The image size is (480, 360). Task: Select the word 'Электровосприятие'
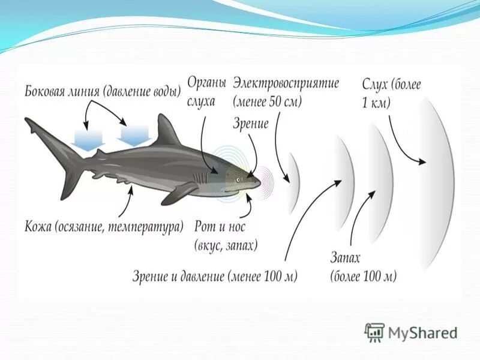point(286,83)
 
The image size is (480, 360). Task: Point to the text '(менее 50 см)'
point(268,101)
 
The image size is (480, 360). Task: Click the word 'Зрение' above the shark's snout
point(250,124)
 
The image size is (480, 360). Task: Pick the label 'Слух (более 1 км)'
point(391,93)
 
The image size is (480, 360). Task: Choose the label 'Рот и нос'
point(220,227)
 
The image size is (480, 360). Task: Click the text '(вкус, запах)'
point(226,245)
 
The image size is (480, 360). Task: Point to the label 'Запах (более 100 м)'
point(363,267)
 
